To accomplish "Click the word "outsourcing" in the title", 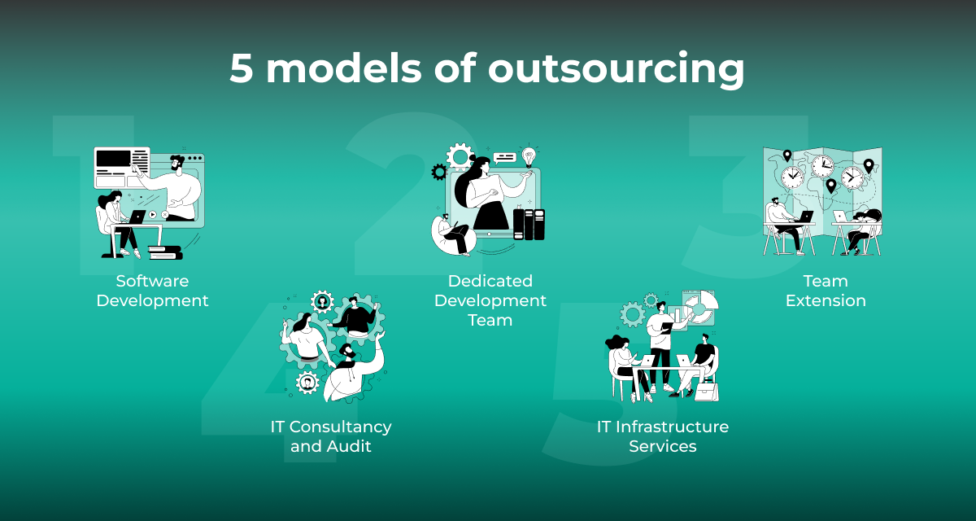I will [x=616, y=69].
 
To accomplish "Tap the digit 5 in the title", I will [x=242, y=68].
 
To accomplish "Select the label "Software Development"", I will [x=152, y=291].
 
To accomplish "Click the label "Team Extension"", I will [x=826, y=291].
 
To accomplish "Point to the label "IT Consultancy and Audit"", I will [x=331, y=436].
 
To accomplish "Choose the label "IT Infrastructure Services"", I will [x=662, y=436].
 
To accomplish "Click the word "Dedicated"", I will [x=490, y=281].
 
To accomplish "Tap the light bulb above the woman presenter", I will [x=529, y=154].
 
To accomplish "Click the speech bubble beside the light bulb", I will [x=504, y=157].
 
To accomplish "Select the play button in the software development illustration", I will [x=152, y=215].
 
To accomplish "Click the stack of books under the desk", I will [x=164, y=252].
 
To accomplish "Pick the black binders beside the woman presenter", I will [x=534, y=224].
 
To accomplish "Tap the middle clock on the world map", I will [x=822, y=165].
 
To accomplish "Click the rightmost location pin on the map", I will [x=869, y=165].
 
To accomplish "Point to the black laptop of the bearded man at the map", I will [x=804, y=217].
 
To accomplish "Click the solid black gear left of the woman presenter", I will [x=439, y=172].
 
